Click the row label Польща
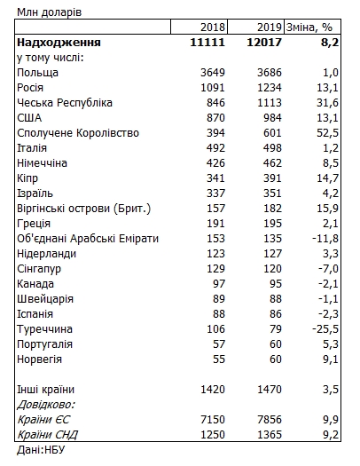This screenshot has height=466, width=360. (x=37, y=73)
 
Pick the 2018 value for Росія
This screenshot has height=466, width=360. (x=215, y=88)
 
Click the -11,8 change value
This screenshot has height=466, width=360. (x=325, y=239)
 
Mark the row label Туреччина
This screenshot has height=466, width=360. (x=44, y=329)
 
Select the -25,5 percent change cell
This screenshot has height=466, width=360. (x=325, y=329)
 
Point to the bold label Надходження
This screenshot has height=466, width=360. (x=59, y=43)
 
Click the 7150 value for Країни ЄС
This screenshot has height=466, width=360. (x=215, y=420)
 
